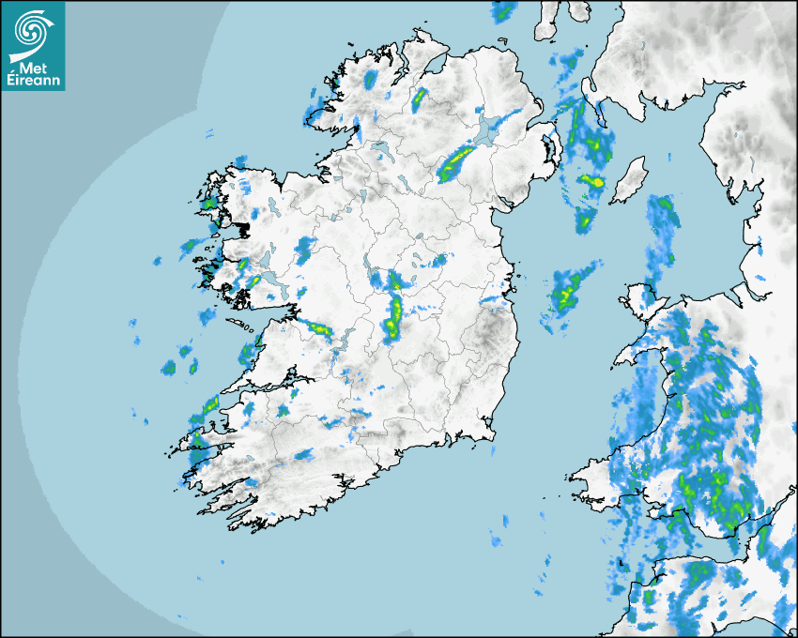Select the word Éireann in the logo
coord(33,81)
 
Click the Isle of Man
coord(629,178)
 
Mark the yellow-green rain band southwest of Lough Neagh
coord(457,162)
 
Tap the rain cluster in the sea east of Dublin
coord(568,291)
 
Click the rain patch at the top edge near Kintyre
coord(504,11)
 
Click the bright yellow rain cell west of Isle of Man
coord(591,179)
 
